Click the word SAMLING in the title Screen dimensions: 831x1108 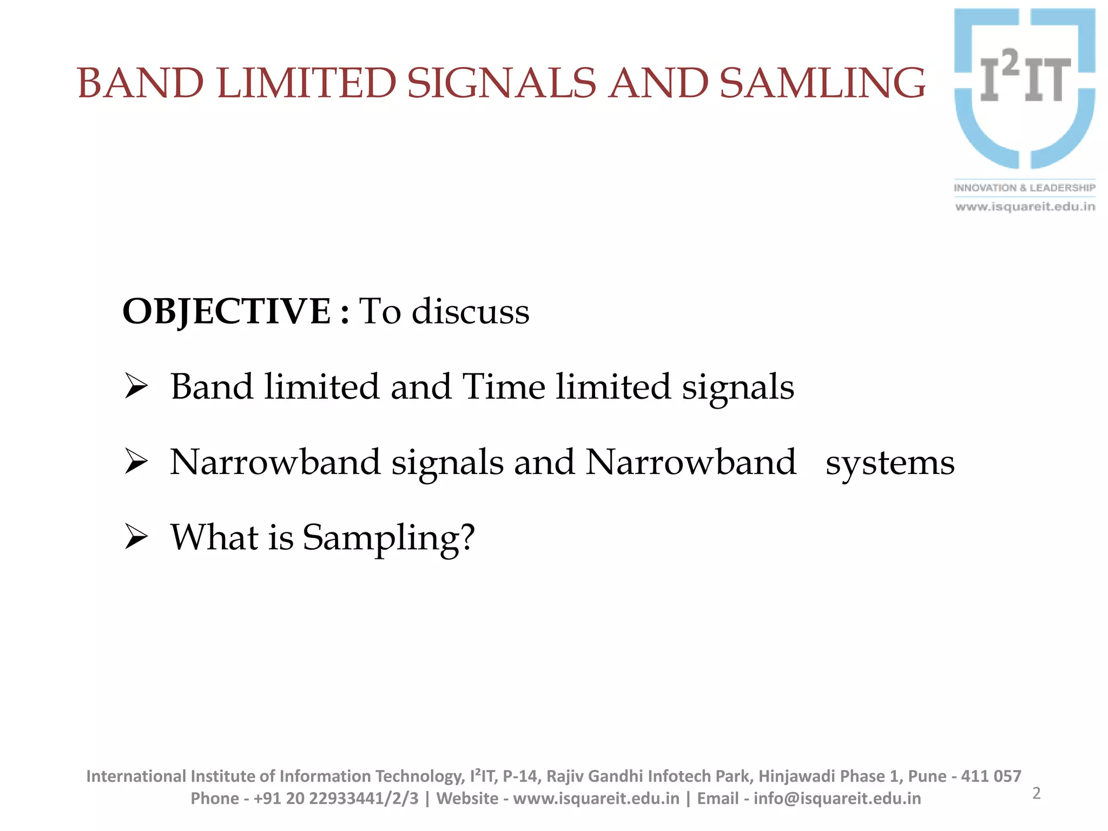pos(822,83)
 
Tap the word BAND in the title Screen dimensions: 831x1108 pos(141,83)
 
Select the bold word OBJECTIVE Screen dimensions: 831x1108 pos(227,312)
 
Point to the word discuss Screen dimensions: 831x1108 pos(470,312)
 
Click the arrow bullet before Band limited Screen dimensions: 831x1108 pos(136,386)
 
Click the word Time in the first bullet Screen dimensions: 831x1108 pos(504,386)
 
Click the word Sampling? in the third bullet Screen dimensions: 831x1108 pos(388,538)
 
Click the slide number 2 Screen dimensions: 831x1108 pos(1036,793)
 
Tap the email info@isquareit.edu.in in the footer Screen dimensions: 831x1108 pos(837,799)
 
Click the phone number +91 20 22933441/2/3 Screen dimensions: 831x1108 pos(335,799)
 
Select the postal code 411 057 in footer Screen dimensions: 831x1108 pos(991,776)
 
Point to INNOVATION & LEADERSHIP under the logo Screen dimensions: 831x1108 pos(1024,188)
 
